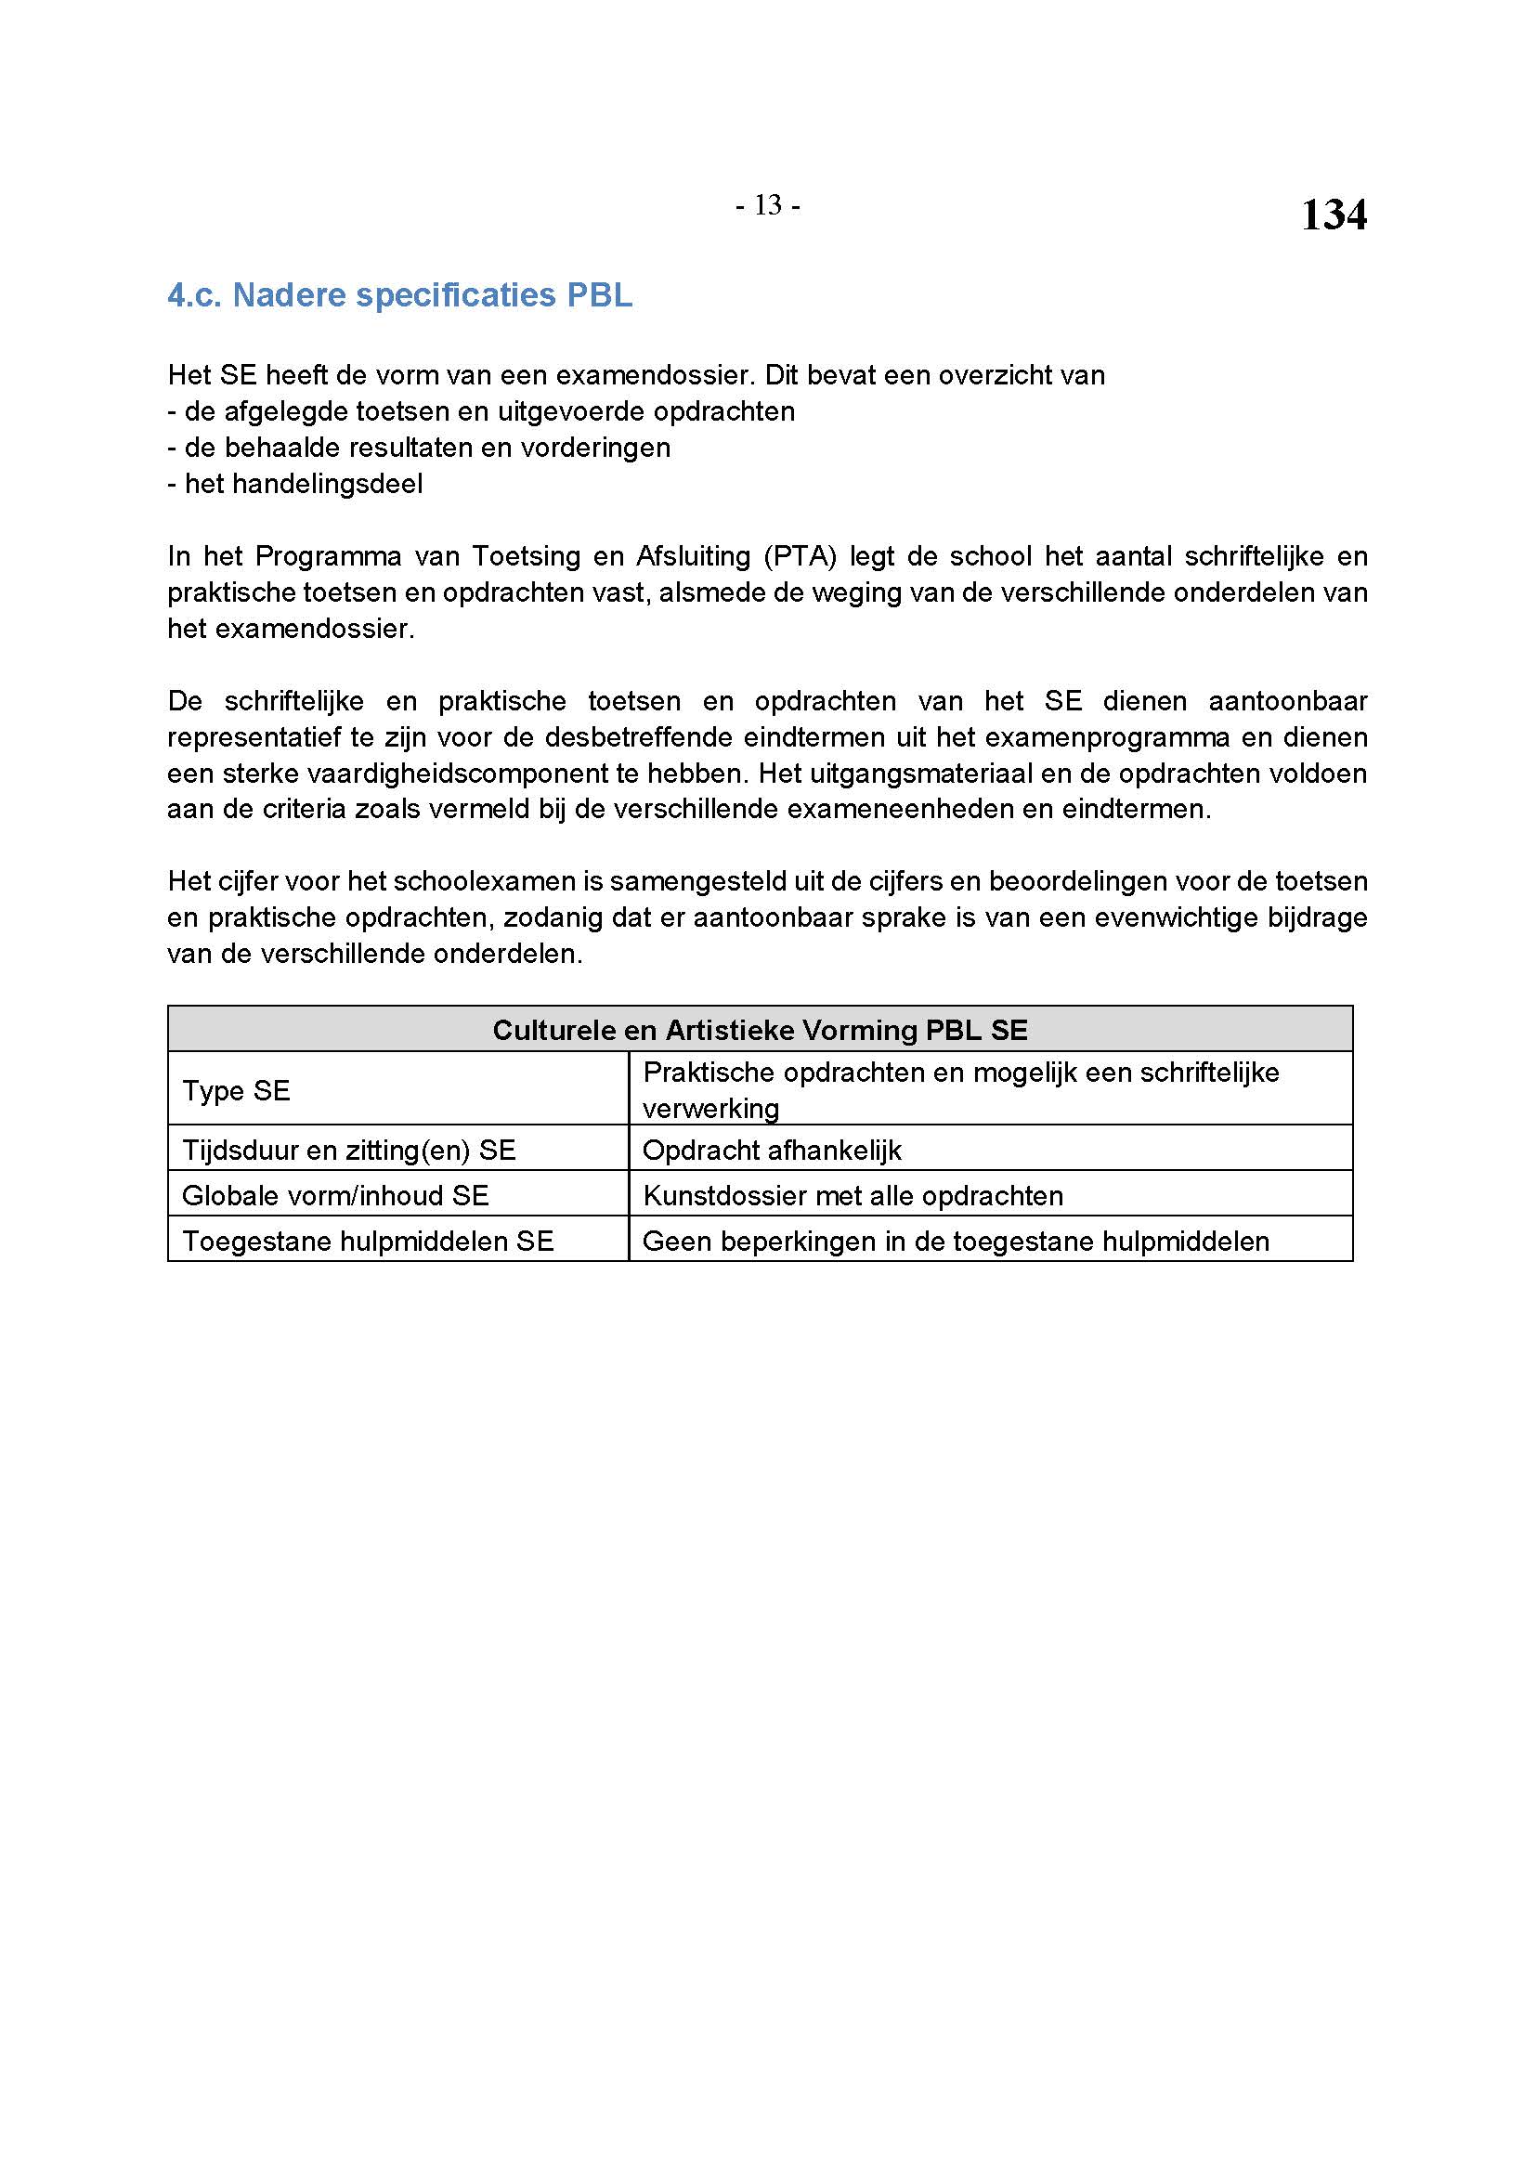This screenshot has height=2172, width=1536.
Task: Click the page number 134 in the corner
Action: point(1333,215)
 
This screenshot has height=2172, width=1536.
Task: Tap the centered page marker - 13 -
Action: point(767,205)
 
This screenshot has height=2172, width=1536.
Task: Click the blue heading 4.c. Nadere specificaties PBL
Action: point(399,296)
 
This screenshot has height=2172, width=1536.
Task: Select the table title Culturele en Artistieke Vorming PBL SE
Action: point(760,1029)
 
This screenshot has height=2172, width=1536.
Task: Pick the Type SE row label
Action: point(237,1090)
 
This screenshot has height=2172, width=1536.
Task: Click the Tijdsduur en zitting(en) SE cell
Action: point(348,1151)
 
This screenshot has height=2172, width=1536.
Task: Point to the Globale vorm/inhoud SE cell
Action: point(335,1196)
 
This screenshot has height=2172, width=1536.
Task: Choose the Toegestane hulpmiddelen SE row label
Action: point(367,1242)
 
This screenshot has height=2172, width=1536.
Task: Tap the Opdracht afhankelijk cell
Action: point(772,1151)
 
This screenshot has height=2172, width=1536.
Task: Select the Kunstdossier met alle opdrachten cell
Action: point(853,1196)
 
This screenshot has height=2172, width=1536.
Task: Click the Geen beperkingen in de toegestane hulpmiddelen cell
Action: point(956,1242)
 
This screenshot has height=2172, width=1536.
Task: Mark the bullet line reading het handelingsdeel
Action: point(295,485)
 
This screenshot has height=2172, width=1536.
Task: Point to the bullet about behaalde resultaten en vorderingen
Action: point(419,448)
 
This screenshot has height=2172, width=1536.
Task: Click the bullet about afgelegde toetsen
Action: point(481,411)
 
